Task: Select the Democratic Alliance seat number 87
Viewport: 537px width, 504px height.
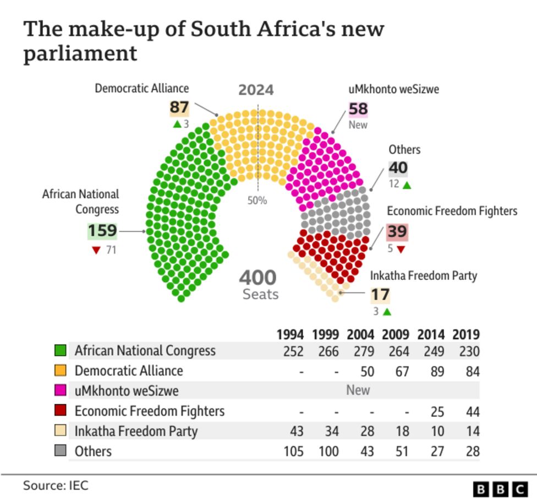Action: click(179, 107)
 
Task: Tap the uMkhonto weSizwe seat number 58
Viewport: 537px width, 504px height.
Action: click(358, 109)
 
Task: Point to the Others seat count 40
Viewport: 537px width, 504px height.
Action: click(398, 167)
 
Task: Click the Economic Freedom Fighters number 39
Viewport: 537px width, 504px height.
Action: click(397, 231)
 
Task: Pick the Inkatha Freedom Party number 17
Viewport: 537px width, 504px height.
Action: click(380, 295)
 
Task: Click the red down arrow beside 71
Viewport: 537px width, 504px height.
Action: click(96, 251)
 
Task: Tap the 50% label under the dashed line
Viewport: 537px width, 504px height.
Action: click(256, 200)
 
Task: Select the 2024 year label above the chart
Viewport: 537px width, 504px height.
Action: click(256, 90)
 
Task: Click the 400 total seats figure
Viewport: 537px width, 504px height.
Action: click(257, 278)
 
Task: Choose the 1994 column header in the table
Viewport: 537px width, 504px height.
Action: click(290, 334)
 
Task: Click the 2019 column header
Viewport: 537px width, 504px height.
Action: click(465, 334)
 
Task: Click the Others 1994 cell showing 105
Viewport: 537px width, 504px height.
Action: click(293, 451)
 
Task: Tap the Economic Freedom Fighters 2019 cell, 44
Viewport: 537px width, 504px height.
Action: click(472, 411)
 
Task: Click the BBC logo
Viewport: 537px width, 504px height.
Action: click(500, 489)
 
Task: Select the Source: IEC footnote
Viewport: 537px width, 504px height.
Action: click(55, 485)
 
